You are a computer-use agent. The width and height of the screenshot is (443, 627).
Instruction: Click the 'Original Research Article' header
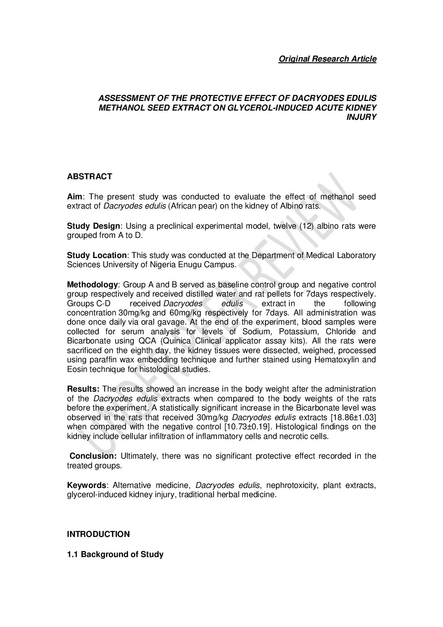[327, 59]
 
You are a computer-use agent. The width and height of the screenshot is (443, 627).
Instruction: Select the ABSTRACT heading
[90, 176]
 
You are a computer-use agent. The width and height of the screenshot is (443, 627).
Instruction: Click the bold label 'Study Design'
[93, 226]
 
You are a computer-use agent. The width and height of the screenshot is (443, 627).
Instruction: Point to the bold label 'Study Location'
[96, 255]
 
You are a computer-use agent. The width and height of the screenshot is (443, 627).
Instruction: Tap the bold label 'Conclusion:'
[93, 456]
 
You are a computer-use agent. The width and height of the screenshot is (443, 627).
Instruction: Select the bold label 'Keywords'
[87, 485]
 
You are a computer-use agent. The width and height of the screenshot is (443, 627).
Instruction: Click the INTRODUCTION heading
[98, 534]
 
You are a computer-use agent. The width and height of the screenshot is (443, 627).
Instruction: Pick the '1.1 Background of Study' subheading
[115, 554]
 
